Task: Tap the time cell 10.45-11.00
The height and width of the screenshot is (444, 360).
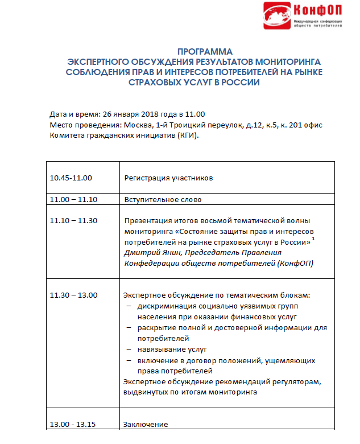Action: coord(71,178)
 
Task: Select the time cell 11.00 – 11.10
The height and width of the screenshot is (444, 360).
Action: coord(74,200)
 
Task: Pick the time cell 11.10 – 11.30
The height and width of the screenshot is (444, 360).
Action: coord(74,221)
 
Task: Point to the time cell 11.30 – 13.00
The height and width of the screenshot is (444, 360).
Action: coord(74,295)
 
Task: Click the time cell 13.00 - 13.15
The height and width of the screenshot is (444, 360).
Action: coord(73,424)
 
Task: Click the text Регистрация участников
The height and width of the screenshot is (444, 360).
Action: coord(168,178)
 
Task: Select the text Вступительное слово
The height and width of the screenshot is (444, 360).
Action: coord(163,200)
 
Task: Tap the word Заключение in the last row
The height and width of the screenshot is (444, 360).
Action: coord(146,424)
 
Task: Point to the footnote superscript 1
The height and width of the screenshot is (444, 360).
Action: coord(313,239)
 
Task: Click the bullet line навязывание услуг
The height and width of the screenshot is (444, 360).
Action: coord(172,348)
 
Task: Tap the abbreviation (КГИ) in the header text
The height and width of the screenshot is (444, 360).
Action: coord(186,135)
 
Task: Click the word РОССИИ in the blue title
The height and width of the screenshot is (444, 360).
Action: coord(236,82)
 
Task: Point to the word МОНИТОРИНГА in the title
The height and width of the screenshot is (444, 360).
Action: coord(284,61)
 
